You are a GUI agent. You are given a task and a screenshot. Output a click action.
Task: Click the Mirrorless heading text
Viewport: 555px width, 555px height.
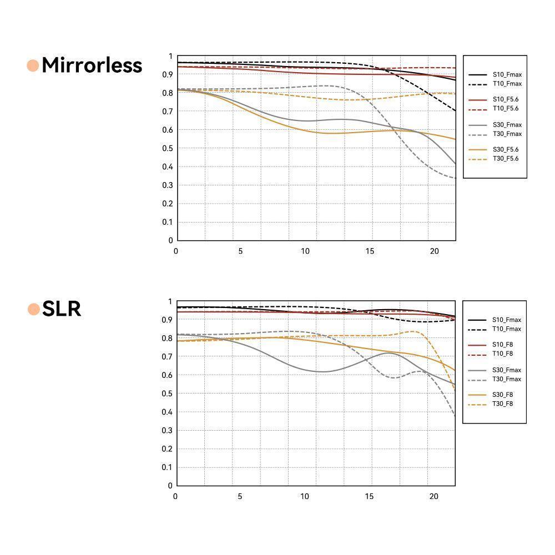pos(92,65)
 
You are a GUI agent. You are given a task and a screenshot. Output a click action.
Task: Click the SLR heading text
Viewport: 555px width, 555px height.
pos(62,309)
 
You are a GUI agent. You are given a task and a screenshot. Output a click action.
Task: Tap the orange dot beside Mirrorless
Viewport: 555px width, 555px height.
pos(33,65)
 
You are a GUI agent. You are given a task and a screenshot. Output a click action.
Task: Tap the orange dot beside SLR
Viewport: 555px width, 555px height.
pos(34,309)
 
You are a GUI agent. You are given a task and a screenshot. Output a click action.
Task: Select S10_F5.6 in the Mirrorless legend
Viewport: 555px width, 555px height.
pos(505,99)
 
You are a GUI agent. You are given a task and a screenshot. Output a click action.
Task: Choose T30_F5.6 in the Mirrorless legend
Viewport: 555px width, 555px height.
pos(505,159)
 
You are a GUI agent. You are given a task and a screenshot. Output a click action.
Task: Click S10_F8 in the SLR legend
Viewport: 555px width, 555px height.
pos(502,345)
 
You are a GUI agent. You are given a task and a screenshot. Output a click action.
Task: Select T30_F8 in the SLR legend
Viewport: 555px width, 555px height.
pos(502,403)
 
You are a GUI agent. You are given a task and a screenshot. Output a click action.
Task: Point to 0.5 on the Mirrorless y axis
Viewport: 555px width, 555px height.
pos(168,148)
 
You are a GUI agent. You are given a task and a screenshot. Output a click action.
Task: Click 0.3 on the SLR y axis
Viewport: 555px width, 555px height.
pos(168,430)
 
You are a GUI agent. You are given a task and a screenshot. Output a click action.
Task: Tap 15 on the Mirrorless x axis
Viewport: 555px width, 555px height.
pos(370,251)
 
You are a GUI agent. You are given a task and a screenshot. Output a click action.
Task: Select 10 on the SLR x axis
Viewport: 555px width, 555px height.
pos(305,496)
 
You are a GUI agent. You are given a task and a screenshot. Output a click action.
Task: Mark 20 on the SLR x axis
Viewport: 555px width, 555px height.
pos(434,496)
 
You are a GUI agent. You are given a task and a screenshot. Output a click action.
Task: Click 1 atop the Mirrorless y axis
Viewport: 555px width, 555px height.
pos(171,56)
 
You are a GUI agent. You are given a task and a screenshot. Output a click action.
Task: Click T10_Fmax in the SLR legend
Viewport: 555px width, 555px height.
pos(506,329)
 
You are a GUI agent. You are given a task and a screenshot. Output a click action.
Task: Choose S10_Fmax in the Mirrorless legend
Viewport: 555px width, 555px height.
pos(507,74)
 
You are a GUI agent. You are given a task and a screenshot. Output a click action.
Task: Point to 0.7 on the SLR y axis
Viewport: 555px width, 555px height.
pos(168,356)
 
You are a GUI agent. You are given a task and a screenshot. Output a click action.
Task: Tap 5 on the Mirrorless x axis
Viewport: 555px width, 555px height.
pos(240,251)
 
